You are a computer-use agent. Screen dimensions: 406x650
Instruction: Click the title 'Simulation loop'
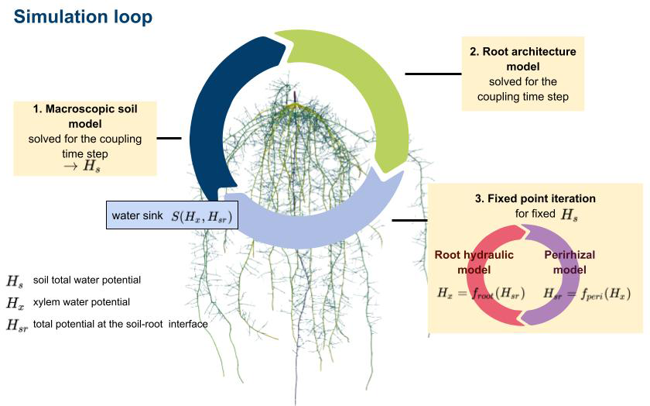coord(83,15)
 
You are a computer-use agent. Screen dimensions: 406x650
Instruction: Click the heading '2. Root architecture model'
coord(523,59)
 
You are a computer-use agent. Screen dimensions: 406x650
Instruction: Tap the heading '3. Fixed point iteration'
coord(535,199)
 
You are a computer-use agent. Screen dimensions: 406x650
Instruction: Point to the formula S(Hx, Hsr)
coord(202,216)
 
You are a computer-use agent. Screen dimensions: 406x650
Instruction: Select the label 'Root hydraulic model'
coord(468,262)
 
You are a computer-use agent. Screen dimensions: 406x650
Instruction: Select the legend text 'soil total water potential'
coord(87,280)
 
